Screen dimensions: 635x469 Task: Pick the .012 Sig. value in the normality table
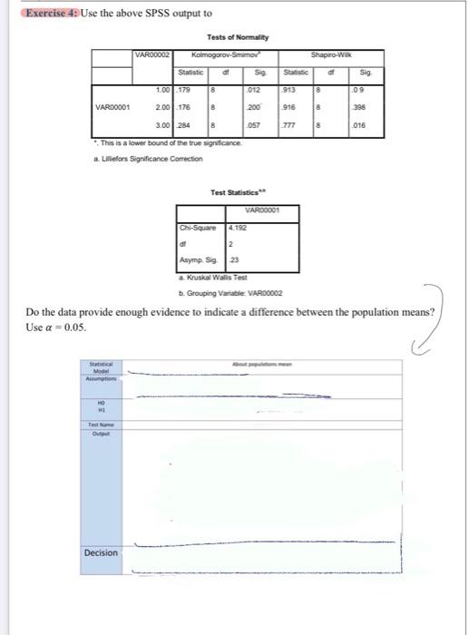pyautogui.click(x=259, y=90)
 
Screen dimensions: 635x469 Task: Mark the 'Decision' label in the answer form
pyautogui.click(x=102, y=552)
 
